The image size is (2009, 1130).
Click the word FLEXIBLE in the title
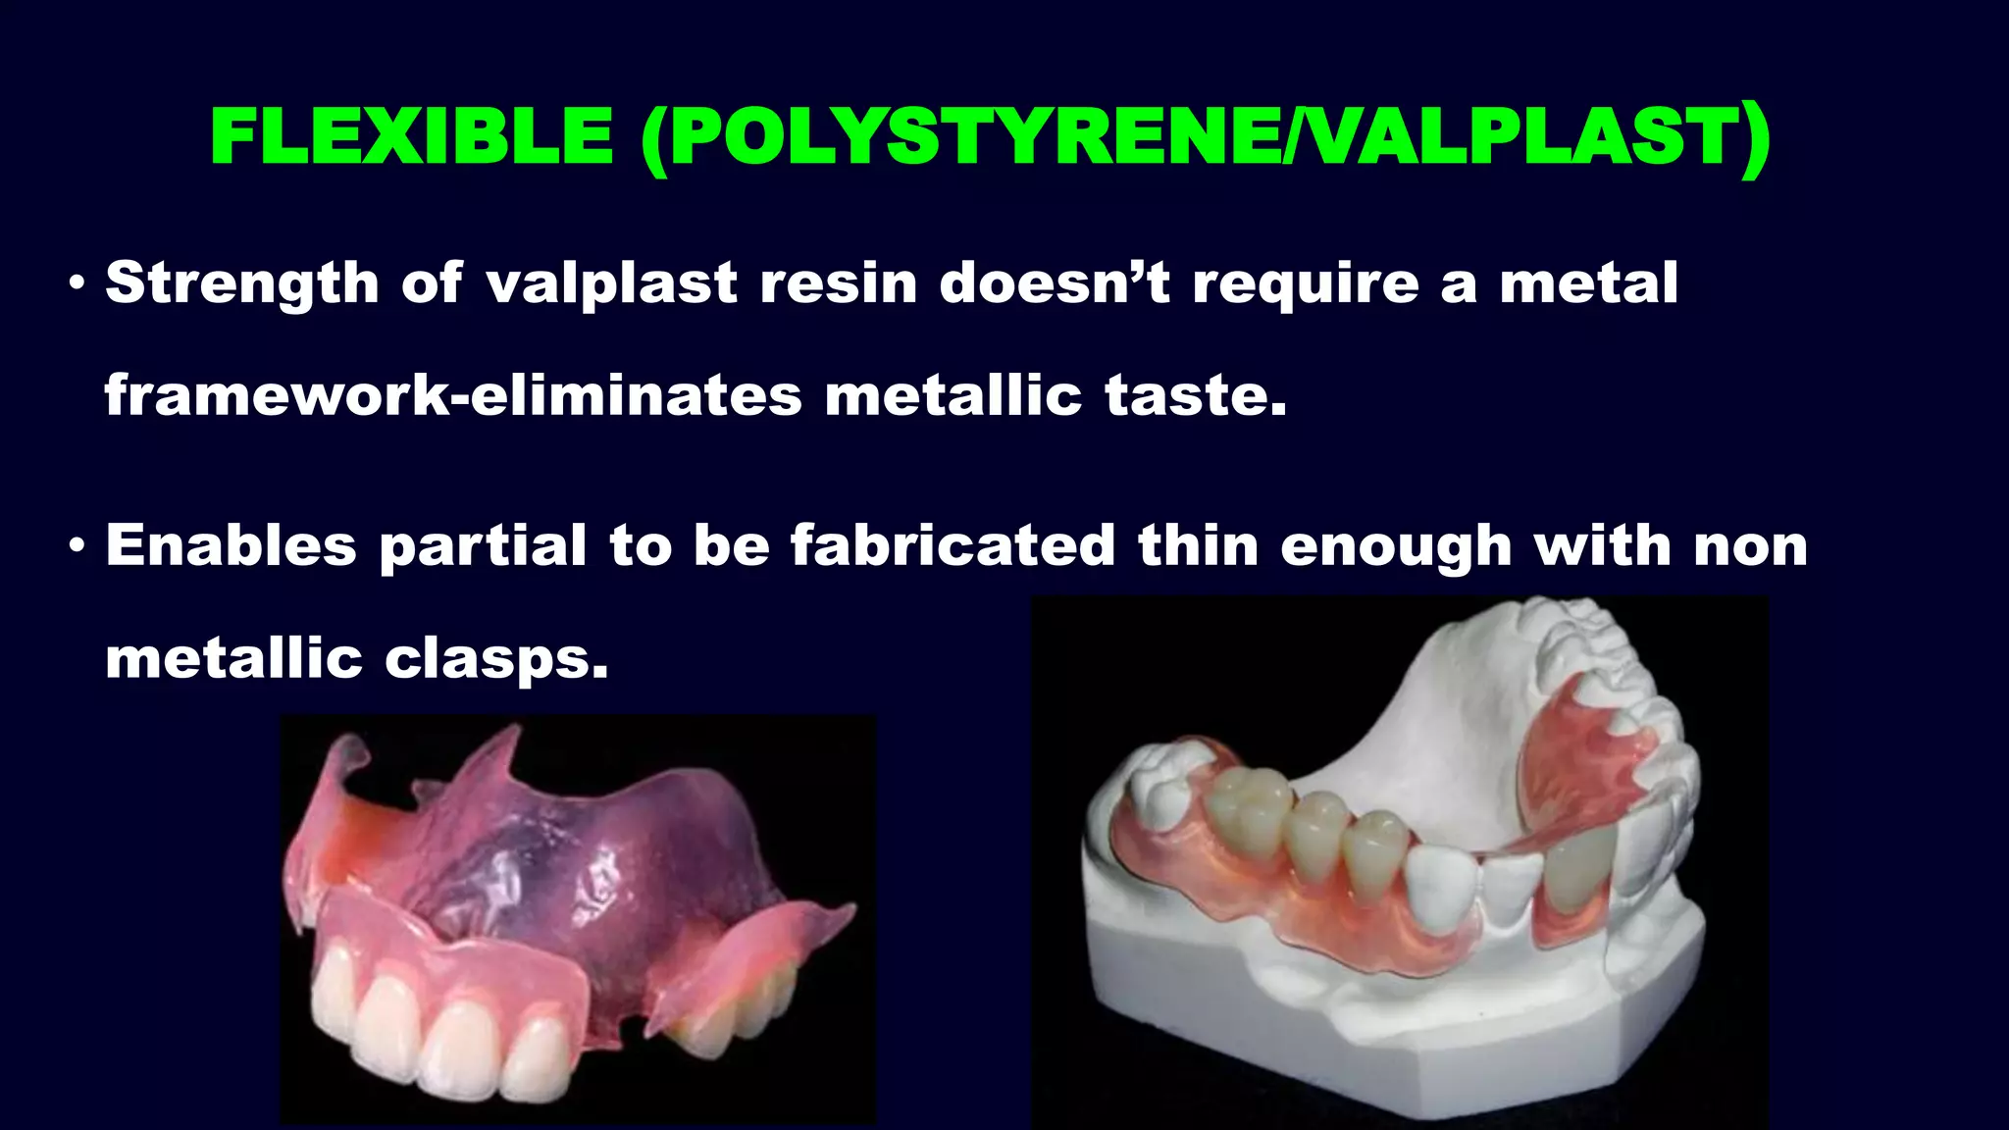click(412, 136)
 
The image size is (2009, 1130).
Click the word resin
click(839, 283)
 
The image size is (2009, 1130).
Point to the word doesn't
click(1055, 283)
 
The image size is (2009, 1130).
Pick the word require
click(1306, 283)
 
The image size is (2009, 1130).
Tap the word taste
click(1195, 395)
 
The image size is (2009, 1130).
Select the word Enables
click(231, 545)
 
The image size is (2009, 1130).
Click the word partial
click(483, 545)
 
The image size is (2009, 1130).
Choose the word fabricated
click(953, 545)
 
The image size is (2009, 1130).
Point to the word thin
click(1198, 545)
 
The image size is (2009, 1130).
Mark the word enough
click(1395, 545)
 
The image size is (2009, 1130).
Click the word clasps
click(496, 658)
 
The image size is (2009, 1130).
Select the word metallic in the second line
click(953, 395)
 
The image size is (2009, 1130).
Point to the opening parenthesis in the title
click(654, 138)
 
